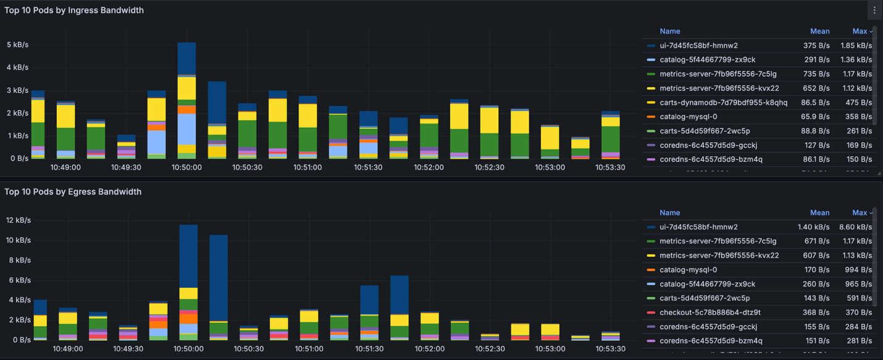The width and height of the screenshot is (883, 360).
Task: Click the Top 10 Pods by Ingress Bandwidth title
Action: point(74,10)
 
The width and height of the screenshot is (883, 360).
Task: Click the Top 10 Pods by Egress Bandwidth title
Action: point(73,191)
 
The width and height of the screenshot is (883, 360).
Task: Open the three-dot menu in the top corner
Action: point(874,10)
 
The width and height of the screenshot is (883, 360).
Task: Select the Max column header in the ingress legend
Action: point(860,31)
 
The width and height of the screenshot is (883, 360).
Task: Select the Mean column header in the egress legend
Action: point(820,212)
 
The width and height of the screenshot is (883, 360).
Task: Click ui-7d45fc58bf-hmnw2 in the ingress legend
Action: point(698,46)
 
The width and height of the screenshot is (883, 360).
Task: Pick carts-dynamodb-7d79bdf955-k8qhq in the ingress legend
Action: point(723,103)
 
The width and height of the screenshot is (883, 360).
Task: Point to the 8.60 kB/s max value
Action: point(855,227)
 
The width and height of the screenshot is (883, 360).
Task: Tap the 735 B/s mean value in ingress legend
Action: point(818,74)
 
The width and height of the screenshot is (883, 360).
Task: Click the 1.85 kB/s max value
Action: point(855,46)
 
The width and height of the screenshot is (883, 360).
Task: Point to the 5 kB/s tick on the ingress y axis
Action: point(17,45)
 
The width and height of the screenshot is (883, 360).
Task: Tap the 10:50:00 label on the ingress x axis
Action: point(186,167)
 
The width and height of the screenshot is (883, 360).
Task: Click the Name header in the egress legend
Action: point(669,212)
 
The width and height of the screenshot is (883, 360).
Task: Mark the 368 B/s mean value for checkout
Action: point(818,312)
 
